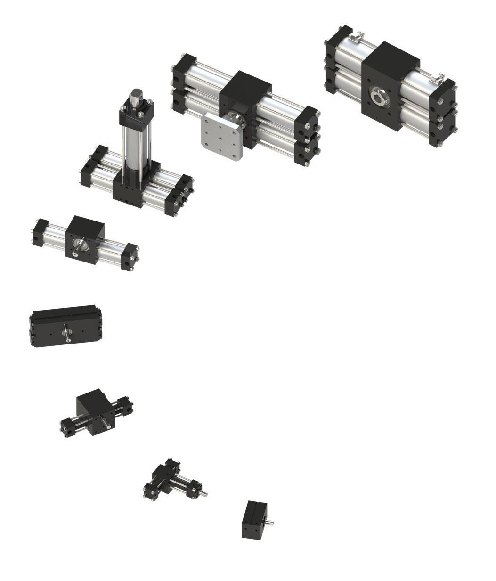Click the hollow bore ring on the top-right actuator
378,96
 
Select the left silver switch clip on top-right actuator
357,36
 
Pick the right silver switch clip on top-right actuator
439,76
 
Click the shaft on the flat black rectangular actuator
66,332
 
